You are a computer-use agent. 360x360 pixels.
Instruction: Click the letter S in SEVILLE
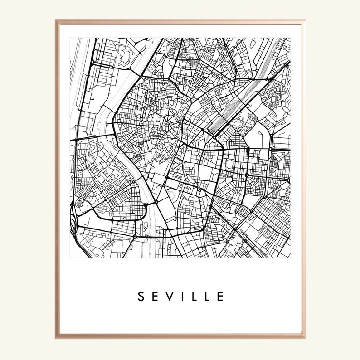[141, 297]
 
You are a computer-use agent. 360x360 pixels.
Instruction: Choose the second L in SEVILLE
[206, 297]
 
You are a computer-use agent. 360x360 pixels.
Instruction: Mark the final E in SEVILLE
[220, 297]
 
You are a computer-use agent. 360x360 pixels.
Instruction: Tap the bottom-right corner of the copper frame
[303, 338]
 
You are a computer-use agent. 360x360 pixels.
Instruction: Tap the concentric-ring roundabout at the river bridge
[146, 205]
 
